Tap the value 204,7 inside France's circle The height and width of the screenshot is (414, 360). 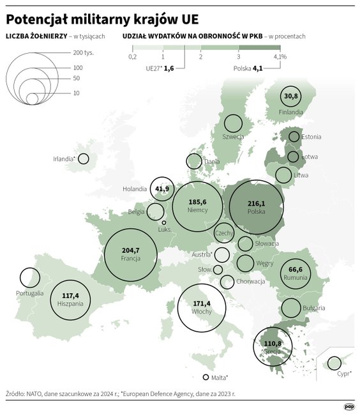130,250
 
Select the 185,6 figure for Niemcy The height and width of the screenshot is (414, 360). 197,202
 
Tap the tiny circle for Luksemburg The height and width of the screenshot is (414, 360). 164,223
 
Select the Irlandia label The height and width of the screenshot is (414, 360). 64,159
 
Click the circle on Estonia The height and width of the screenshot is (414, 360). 294,137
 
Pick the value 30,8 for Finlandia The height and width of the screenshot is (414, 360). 291,96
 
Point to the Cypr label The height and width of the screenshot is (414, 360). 345,371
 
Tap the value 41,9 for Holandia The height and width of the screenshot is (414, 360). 162,188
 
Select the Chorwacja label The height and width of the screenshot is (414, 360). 251,282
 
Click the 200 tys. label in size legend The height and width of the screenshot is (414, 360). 83,52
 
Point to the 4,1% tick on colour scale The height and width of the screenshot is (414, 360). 280,57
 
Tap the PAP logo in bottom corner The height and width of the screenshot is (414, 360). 349,406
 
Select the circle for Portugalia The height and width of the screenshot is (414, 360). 29,277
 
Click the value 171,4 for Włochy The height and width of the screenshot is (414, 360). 201,303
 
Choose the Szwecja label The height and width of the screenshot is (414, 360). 233,137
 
